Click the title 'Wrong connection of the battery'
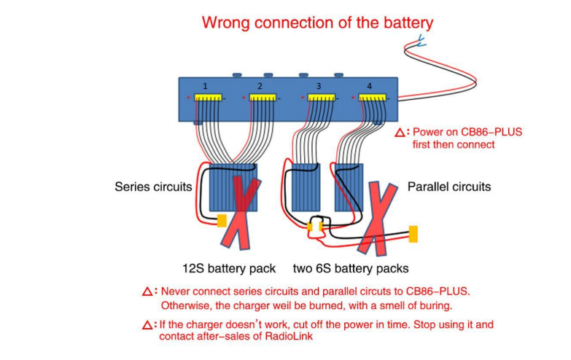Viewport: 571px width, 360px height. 317,23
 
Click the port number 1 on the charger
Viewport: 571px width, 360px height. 205,86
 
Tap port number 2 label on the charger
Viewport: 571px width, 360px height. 260,86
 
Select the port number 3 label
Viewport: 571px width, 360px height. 318,86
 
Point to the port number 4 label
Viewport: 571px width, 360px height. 369,86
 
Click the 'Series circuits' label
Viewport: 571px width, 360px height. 153,187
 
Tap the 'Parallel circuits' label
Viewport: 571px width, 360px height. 449,187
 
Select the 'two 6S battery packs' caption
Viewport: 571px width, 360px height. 350,267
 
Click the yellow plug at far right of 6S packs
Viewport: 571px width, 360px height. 413,235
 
